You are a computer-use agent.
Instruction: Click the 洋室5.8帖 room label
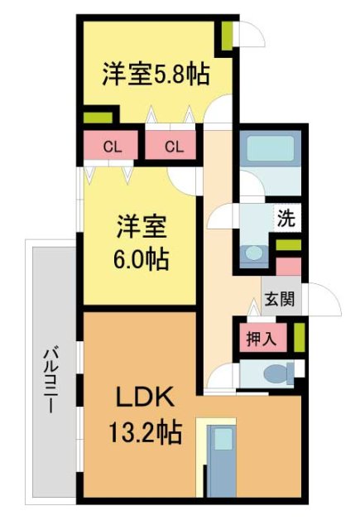pos(155,74)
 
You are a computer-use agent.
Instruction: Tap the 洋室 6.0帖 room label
pos(140,242)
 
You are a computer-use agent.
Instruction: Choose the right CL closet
pos(172,147)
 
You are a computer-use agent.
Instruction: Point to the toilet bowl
pos(276,375)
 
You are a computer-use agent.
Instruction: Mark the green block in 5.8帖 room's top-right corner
pos(226,35)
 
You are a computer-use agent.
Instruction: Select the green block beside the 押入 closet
pos(298,336)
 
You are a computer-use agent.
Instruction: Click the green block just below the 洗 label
pos(289,246)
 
